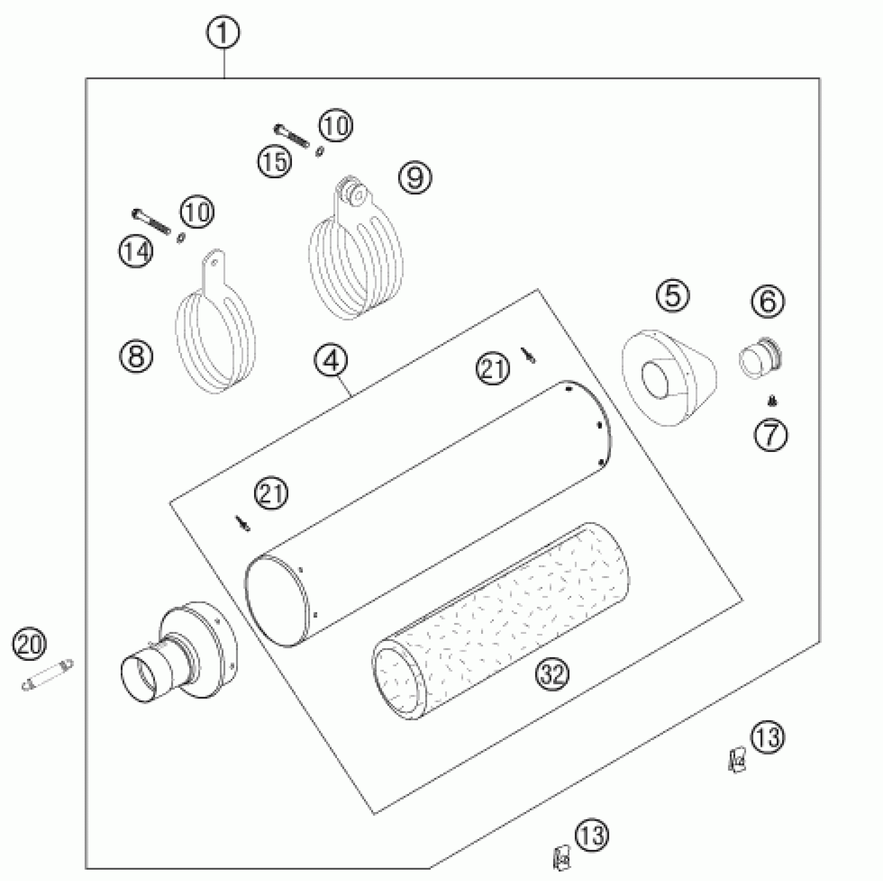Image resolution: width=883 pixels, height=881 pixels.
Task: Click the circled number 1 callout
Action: (x=223, y=34)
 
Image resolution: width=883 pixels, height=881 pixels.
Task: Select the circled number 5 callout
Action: (x=672, y=296)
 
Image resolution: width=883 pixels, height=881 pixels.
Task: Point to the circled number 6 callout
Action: (x=768, y=301)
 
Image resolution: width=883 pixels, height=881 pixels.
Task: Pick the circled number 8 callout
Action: (x=136, y=356)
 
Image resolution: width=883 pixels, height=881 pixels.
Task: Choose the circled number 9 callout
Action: (x=415, y=178)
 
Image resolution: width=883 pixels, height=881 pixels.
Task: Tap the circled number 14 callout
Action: (x=136, y=251)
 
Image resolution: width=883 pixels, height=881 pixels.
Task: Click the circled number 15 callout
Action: (x=275, y=161)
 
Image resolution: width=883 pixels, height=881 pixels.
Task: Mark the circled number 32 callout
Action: (x=554, y=674)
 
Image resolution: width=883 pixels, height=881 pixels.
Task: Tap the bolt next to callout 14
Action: (x=151, y=221)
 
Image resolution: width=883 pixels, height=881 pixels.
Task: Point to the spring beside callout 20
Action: (x=48, y=674)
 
